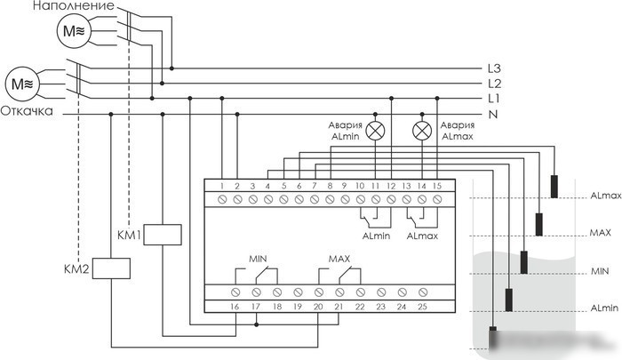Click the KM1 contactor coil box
(x=163, y=235)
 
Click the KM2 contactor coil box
(x=111, y=268)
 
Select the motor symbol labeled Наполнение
(x=74, y=31)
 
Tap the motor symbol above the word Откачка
(x=22, y=84)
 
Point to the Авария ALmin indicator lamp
(x=375, y=131)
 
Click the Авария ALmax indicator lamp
(x=422, y=131)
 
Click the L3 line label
(x=494, y=68)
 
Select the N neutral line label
(x=493, y=115)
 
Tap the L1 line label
(x=494, y=98)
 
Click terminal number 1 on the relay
(x=222, y=186)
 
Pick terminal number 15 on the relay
(x=437, y=186)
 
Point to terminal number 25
(x=422, y=307)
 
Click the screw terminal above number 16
(x=235, y=292)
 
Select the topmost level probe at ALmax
(x=554, y=187)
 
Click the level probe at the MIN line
(x=524, y=262)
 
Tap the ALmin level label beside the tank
(x=604, y=308)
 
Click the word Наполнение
(x=74, y=6)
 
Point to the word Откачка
(x=27, y=111)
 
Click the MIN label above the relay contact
(x=258, y=259)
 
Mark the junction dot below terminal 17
(x=256, y=324)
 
